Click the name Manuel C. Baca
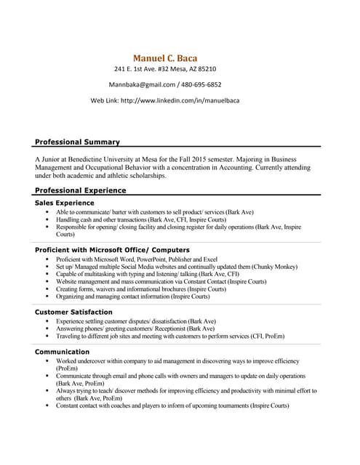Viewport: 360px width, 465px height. pos(165,57)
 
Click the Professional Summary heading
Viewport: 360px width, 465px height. pos(78,142)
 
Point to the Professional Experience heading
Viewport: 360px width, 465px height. pos(81,190)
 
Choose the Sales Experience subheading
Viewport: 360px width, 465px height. pos(65,203)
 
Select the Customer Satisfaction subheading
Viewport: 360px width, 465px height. pos(74,312)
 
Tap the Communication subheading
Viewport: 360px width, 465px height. pos(63,352)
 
